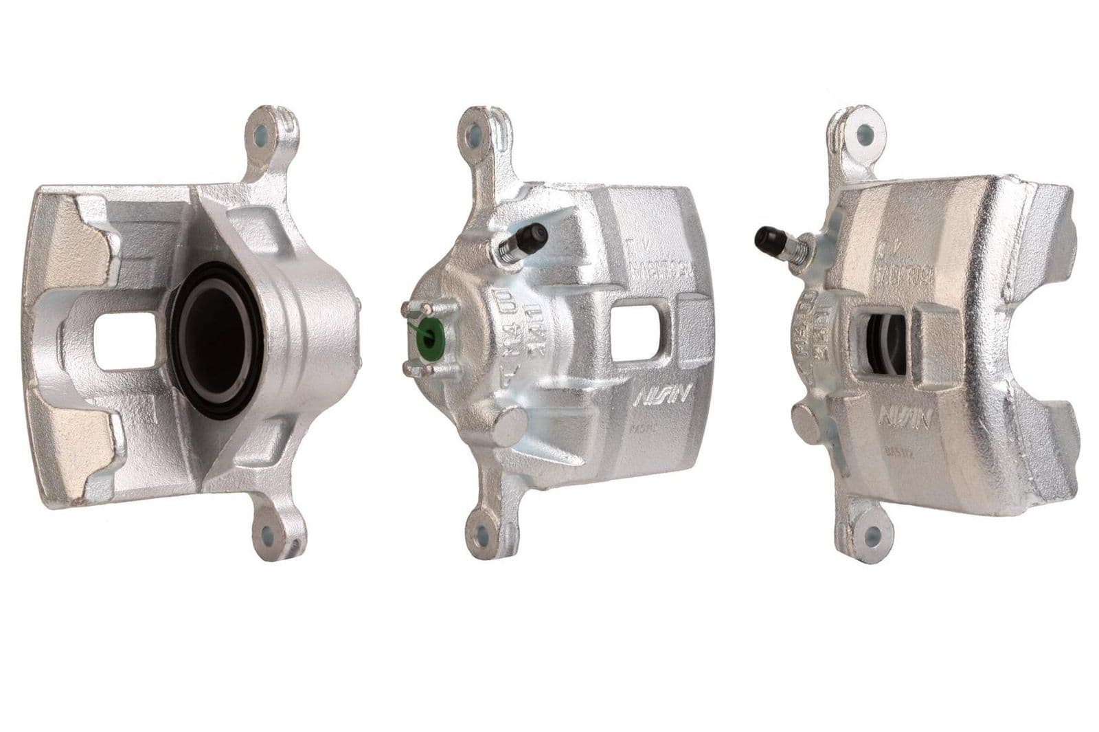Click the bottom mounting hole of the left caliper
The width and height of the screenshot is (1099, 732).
point(266,532)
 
